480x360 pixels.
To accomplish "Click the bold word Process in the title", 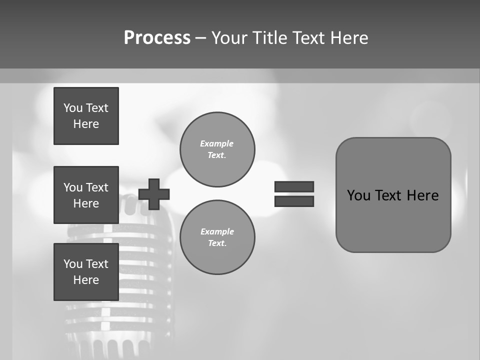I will point(157,38).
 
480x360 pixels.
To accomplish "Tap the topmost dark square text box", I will point(86,116).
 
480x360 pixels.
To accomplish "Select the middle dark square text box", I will point(86,195).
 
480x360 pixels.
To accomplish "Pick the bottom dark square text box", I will point(86,272).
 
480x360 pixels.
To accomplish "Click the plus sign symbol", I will point(154,194).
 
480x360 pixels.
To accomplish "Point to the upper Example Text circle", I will point(217,149).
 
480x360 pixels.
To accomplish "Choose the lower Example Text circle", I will point(217,237).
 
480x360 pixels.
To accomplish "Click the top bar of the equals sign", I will point(294,186).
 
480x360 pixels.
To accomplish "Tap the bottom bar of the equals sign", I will point(294,201).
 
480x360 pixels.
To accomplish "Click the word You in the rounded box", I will point(358,195).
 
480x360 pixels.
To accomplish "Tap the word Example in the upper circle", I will point(216,143).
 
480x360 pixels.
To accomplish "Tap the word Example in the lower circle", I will point(216,231).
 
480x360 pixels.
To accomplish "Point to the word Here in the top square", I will point(86,124).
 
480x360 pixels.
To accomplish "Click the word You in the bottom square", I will point(73,264).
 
